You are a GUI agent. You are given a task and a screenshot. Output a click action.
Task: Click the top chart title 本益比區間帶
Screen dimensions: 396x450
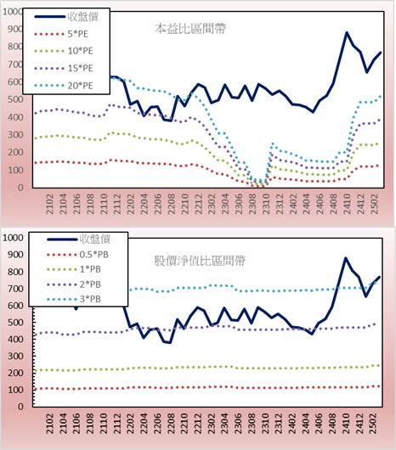190,29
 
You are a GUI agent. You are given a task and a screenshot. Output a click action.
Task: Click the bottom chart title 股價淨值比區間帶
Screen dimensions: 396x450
200,261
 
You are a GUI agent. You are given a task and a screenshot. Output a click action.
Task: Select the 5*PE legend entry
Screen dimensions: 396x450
61,34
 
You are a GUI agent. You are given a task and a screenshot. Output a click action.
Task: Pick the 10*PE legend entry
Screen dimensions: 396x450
64,51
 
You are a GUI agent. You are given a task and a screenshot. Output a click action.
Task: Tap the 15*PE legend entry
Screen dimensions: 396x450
64,68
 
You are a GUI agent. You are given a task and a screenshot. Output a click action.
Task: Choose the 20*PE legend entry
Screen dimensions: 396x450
64,86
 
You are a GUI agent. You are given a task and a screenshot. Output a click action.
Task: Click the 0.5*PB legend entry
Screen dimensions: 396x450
77,255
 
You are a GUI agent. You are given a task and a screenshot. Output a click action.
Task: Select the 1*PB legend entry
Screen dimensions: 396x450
74,269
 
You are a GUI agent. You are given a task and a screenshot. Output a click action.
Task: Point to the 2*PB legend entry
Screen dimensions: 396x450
74,284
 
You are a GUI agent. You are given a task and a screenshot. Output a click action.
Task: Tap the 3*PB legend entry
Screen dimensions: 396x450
74,299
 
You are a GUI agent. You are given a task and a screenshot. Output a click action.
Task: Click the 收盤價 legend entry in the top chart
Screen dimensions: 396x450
66,17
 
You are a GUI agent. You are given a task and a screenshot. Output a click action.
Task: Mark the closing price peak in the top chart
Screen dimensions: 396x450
347,32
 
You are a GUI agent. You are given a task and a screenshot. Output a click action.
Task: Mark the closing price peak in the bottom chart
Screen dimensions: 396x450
346,258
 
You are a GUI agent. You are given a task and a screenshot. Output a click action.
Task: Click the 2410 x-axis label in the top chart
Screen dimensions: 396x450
347,204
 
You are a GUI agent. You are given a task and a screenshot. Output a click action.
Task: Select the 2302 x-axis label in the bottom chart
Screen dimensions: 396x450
212,424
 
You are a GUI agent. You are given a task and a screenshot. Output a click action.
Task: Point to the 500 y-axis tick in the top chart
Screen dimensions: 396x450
15,99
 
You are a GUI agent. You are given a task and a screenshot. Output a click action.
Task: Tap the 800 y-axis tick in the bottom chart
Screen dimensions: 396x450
15,272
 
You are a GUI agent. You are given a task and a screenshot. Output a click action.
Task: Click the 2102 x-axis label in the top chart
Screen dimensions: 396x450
49,204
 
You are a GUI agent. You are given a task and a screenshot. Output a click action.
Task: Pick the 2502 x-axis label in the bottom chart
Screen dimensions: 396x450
374,424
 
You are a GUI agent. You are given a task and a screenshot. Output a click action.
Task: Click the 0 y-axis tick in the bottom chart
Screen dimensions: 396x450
20,407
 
